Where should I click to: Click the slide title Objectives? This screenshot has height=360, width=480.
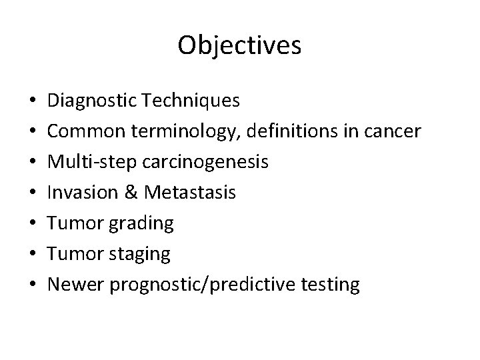tap(240, 45)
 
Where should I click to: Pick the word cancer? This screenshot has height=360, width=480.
tap(393, 132)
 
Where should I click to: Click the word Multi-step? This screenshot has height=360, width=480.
tap(83, 163)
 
